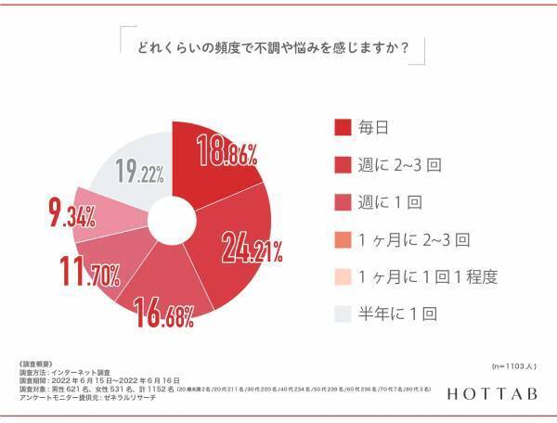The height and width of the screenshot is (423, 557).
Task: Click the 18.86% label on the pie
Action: [x=226, y=152]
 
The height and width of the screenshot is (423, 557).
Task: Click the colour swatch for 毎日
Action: [x=341, y=125]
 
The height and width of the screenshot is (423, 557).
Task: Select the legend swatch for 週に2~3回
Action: [x=341, y=164]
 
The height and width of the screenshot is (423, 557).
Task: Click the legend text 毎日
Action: [x=375, y=125]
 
